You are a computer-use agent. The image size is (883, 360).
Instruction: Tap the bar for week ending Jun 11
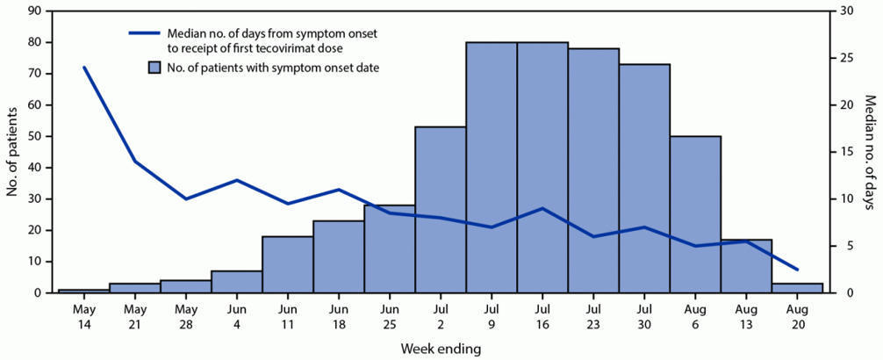[x=287, y=264]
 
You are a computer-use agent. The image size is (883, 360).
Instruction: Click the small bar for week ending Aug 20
[x=797, y=288]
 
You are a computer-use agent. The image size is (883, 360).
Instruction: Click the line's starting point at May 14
[x=84, y=68]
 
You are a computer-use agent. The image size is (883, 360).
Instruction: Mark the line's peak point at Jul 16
[x=542, y=208]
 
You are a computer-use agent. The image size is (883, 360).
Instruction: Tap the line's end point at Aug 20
[x=797, y=269]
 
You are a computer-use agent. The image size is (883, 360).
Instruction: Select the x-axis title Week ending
[x=441, y=349]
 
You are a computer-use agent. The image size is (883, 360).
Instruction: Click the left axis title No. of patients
[x=12, y=152]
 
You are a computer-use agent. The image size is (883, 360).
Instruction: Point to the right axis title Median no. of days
[x=870, y=152]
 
